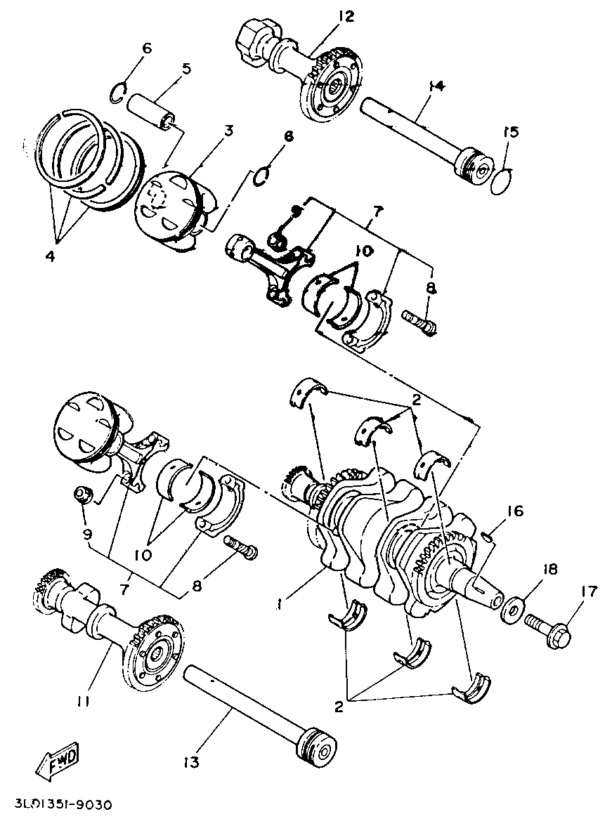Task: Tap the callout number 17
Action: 588,592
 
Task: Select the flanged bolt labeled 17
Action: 547,622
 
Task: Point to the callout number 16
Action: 514,511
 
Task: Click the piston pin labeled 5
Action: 152,111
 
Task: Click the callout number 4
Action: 50,256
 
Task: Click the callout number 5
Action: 185,69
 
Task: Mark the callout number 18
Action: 549,569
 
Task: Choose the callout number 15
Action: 511,131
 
